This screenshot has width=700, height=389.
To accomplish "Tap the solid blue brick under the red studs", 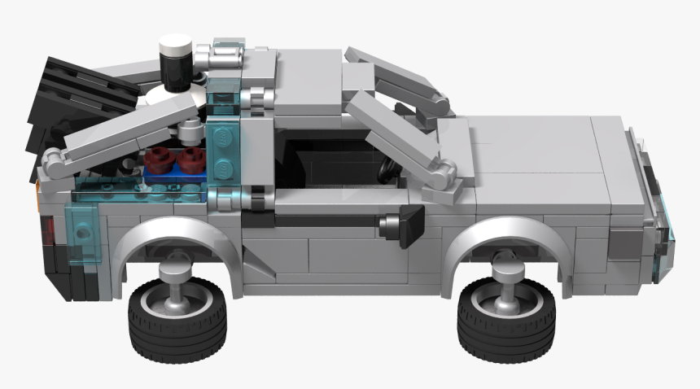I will coord(175,169).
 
